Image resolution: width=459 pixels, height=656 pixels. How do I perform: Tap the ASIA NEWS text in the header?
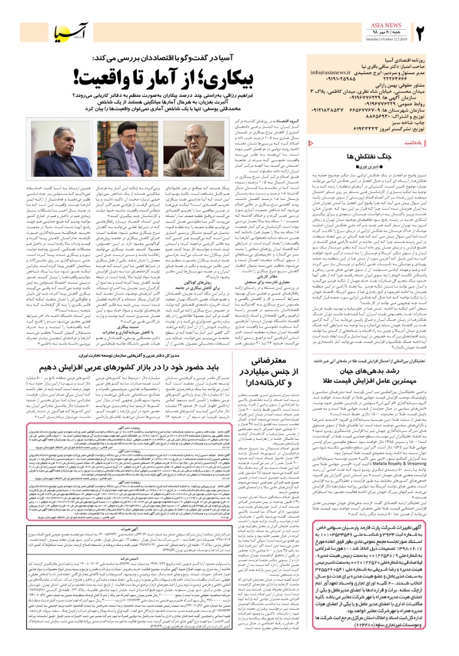coord(386,25)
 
